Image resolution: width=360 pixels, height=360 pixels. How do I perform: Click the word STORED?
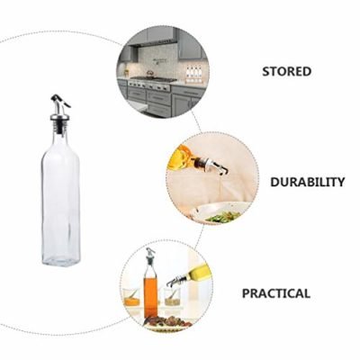pyautogui.click(x=287, y=71)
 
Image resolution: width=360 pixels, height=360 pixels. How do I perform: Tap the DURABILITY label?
pyautogui.click(x=308, y=182)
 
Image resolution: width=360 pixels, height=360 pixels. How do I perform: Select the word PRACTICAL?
pyautogui.click(x=276, y=293)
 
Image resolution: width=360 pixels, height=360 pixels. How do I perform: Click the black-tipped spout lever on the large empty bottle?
pyautogui.click(x=60, y=101)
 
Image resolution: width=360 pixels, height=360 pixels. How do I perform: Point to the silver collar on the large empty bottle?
pyautogui.click(x=59, y=117)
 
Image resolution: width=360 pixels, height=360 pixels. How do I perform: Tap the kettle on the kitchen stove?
pyautogui.click(x=149, y=73)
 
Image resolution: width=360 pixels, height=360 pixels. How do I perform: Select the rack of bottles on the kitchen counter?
pyautogui.click(x=193, y=75)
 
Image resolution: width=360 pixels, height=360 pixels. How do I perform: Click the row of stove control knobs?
pyautogui.click(x=149, y=85)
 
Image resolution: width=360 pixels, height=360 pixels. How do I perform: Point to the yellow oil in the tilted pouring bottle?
pyautogui.click(x=177, y=157)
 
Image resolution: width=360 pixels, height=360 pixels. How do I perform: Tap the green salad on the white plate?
pyautogui.click(x=223, y=217)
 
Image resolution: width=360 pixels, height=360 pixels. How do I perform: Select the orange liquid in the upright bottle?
pyautogui.click(x=150, y=297)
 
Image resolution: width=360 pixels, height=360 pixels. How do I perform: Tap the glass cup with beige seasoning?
pyautogui.click(x=172, y=298)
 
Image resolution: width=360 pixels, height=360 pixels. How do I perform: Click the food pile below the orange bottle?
pyautogui.click(x=168, y=321)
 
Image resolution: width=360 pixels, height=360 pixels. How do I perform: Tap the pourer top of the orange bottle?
pyautogui.click(x=150, y=256)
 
